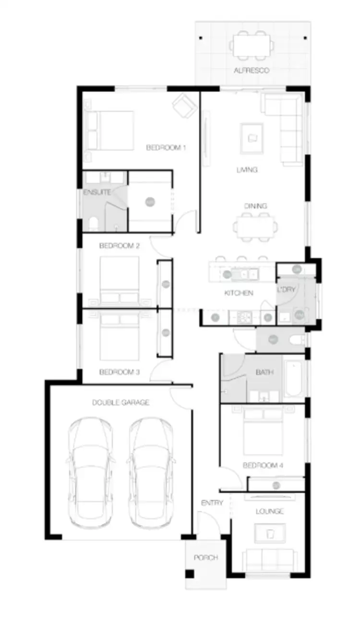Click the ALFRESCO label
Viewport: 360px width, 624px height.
coord(252,71)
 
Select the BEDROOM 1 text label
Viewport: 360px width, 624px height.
coord(166,148)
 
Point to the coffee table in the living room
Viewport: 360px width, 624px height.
coord(252,137)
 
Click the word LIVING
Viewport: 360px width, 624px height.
coord(247,170)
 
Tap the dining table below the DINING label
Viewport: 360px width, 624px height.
coord(255,226)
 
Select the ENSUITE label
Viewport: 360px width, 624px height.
coord(97,193)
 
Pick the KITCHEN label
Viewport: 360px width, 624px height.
coord(239,293)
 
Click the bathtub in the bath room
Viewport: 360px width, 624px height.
coord(293,379)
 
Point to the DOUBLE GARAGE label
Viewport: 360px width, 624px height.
coord(120,402)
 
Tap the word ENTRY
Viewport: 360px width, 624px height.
coord(212,503)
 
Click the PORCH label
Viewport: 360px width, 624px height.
coord(205,558)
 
